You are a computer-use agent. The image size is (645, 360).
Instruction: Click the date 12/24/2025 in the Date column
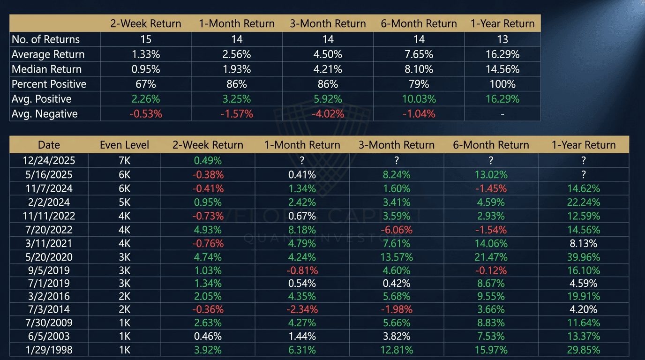tap(49, 161)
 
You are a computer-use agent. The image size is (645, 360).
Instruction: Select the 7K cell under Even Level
tap(124, 161)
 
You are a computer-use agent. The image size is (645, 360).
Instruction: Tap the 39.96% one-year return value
tap(583, 257)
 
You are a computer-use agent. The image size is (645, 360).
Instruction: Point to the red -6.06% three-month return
tap(396, 230)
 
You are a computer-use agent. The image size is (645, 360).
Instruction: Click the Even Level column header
tap(124, 145)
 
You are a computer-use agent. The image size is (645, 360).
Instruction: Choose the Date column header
tap(49, 145)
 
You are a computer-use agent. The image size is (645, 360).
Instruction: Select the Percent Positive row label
tap(49, 84)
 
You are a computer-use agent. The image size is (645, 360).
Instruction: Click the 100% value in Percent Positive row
tap(502, 84)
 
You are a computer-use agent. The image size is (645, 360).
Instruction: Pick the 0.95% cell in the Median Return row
tap(145, 69)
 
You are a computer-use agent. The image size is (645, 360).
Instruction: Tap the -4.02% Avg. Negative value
tap(328, 114)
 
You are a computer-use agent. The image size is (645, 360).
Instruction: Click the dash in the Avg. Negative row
tap(502, 114)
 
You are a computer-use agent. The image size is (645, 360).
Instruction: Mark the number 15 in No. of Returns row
tap(145, 39)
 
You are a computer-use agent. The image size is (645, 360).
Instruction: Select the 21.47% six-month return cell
tap(490, 257)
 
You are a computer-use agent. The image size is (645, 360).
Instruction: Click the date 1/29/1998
tap(49, 350)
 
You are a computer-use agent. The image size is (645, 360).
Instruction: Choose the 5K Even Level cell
tap(124, 202)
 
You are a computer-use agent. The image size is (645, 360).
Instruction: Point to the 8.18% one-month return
tap(302, 230)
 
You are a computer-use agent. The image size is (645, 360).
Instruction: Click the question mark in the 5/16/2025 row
tap(583, 175)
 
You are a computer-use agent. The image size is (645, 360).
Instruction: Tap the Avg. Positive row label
tap(41, 99)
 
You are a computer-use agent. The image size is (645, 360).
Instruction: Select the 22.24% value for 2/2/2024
tap(583, 202)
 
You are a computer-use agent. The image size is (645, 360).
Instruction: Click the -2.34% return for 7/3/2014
tap(302, 309)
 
